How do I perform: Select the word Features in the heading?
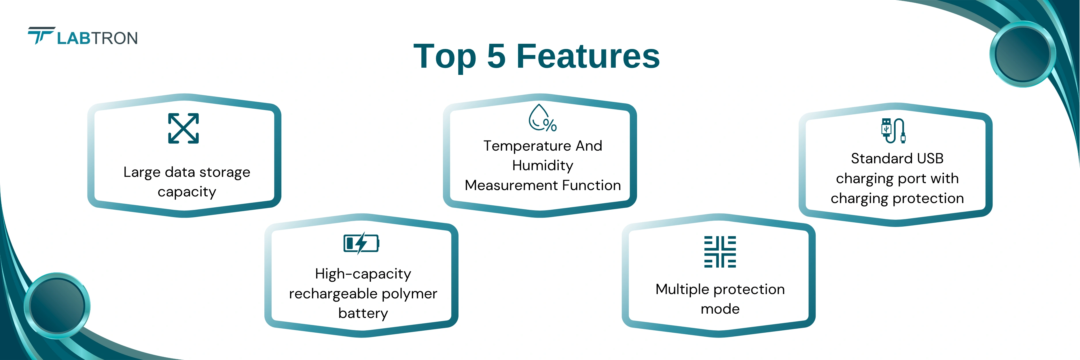[588, 56]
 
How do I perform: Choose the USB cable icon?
[893, 131]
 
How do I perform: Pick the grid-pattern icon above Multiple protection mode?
[720, 252]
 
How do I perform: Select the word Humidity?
[543, 166]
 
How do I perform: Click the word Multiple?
[683, 290]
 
